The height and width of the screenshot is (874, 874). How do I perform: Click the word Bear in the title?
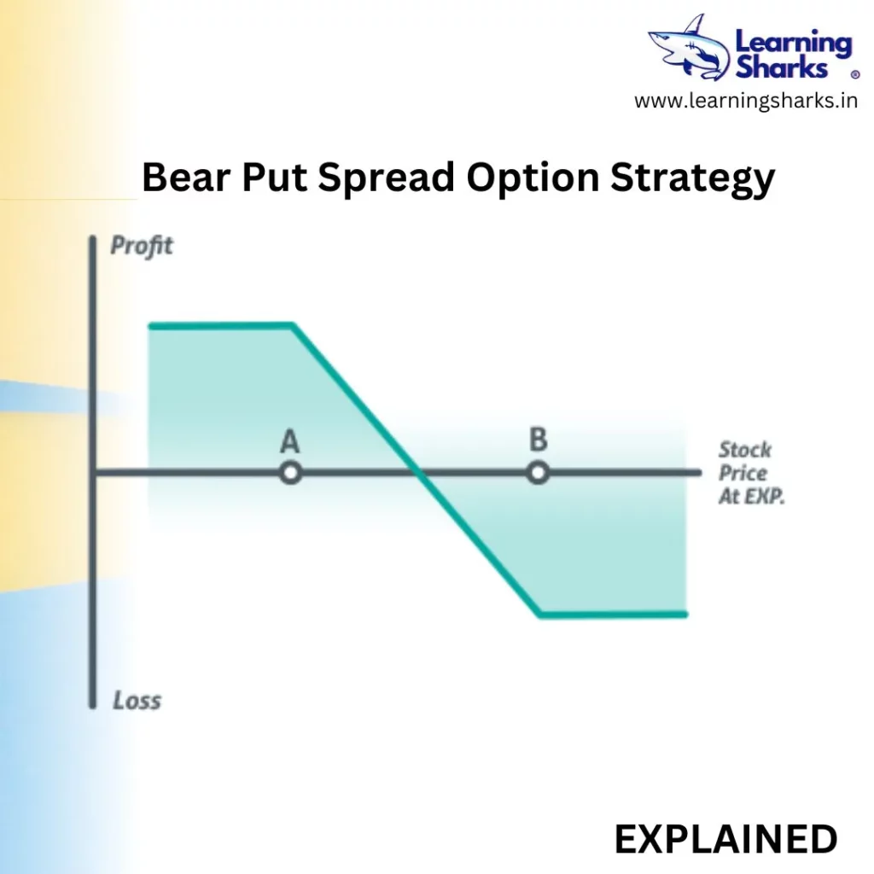[x=186, y=178]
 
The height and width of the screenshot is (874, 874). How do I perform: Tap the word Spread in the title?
[x=387, y=178]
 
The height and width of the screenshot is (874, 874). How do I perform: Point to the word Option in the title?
[x=533, y=178]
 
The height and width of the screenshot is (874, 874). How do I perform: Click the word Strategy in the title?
[x=693, y=179]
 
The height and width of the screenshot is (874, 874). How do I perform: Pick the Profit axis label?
[x=142, y=246]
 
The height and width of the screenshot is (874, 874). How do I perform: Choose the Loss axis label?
[x=137, y=701]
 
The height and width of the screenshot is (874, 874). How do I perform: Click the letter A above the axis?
[x=289, y=441]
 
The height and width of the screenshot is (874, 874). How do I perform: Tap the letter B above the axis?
[x=538, y=440]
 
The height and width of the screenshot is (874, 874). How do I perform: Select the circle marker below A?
[x=290, y=473]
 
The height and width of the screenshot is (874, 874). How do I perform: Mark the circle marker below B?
[x=538, y=473]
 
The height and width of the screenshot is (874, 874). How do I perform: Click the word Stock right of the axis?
[x=744, y=450]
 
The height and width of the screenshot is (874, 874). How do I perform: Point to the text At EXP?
[x=751, y=496]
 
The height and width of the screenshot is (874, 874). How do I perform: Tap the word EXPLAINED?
[x=725, y=839]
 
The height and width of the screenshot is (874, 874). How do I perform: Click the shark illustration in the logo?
[x=689, y=49]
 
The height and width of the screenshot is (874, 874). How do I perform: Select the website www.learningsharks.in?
[x=746, y=102]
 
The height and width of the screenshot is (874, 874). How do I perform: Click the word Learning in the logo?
[x=794, y=44]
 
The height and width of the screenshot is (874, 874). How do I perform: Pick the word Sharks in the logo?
[x=781, y=68]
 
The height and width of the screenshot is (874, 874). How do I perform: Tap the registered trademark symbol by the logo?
[x=854, y=74]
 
